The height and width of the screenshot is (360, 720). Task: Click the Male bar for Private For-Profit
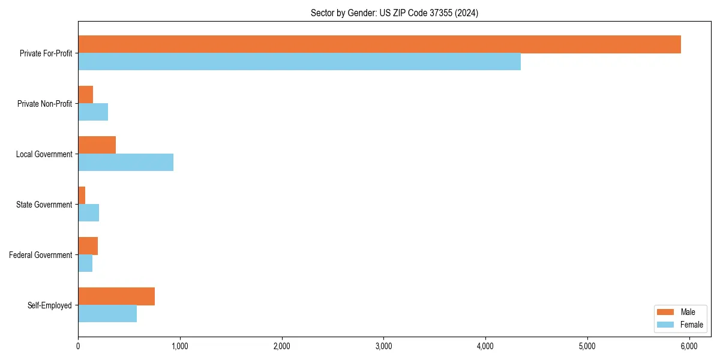click(379, 44)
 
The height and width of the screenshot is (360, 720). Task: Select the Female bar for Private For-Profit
click(299, 62)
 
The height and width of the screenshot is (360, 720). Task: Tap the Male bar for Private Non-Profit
click(85, 95)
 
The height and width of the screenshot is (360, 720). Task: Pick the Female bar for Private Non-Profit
click(93, 112)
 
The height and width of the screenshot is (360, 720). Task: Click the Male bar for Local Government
click(97, 145)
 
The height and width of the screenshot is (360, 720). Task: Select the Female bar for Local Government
click(125, 163)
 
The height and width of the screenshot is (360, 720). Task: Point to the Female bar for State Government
click(88, 213)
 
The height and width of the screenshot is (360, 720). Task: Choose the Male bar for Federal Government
click(88, 246)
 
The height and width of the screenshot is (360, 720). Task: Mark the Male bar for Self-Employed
click(116, 296)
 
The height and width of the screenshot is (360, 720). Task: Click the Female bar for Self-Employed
click(107, 314)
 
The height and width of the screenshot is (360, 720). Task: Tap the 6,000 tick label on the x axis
click(689, 346)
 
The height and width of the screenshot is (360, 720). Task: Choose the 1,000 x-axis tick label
click(180, 346)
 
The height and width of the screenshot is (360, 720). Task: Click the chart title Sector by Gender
click(394, 13)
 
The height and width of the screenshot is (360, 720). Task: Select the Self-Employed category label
click(50, 305)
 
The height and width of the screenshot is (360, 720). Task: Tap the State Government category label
click(44, 205)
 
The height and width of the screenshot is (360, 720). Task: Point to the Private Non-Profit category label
click(44, 104)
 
